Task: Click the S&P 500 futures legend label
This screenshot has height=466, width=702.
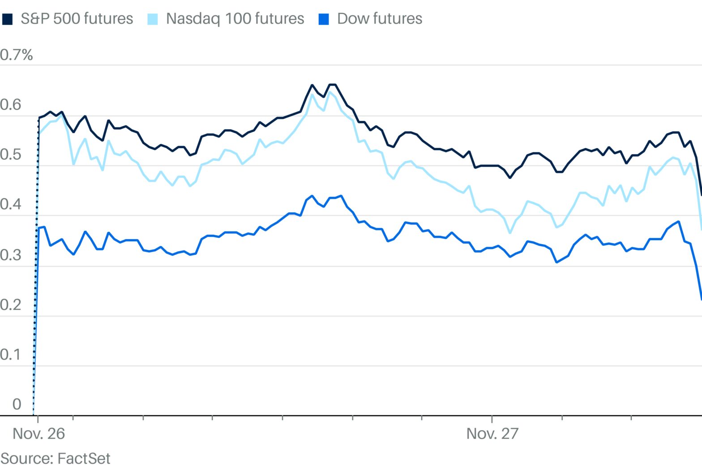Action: [77, 19]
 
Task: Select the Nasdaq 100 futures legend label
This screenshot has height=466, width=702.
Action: [235, 19]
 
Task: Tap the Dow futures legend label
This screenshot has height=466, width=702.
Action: [379, 19]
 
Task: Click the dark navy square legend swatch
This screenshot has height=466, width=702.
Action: [7, 19]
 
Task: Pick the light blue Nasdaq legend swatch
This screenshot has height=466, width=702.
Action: [153, 19]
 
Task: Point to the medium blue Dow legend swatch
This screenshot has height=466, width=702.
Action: [323, 19]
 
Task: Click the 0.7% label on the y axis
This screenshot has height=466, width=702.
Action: [17, 55]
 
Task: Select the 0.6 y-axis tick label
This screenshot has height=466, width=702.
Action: [11, 105]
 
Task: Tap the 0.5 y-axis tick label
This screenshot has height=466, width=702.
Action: [11, 154]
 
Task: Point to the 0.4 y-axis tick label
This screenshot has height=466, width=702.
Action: [11, 204]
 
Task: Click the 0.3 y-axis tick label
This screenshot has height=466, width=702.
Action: [11, 255]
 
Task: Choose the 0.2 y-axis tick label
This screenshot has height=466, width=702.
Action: [11, 305]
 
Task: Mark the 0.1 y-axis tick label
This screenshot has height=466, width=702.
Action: [11, 354]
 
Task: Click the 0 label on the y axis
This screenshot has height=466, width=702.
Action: [17, 404]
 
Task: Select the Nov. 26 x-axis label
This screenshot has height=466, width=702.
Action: [39, 433]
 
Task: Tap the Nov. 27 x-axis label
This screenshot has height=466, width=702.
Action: [492, 433]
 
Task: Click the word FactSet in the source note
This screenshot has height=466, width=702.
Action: [84, 458]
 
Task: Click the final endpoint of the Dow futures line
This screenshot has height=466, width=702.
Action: [701, 300]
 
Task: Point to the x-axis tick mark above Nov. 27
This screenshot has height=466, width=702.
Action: [492, 419]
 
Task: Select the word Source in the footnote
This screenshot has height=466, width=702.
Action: [26, 458]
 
